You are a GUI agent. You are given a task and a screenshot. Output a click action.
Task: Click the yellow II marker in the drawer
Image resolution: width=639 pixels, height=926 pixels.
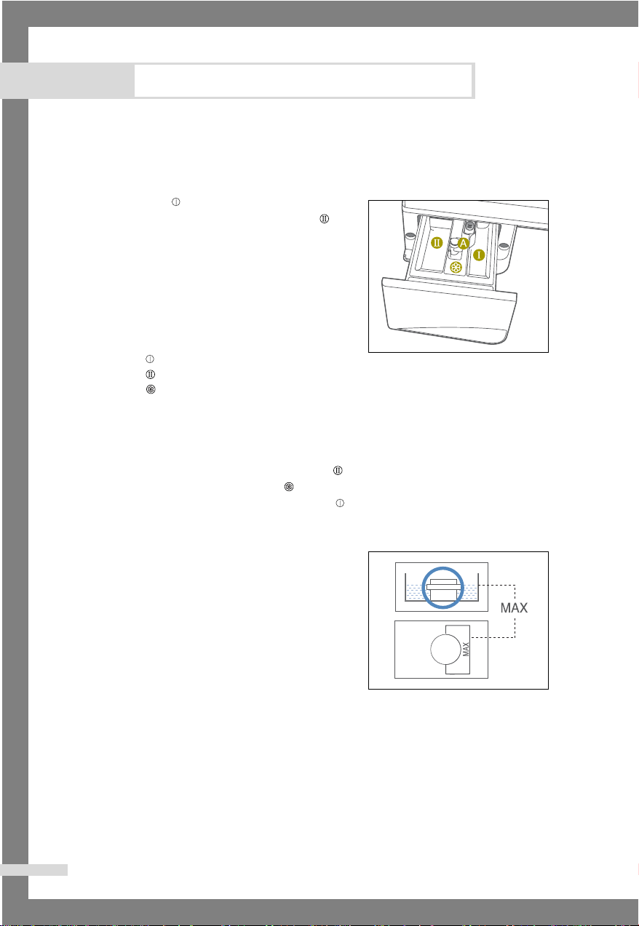click(x=437, y=243)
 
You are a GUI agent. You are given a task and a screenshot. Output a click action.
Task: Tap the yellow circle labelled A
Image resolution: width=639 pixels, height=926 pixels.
click(x=463, y=244)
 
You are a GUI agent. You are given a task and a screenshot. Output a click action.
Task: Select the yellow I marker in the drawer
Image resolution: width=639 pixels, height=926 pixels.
click(x=479, y=255)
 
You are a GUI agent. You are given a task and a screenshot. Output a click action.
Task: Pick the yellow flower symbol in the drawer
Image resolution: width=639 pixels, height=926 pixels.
click(x=456, y=268)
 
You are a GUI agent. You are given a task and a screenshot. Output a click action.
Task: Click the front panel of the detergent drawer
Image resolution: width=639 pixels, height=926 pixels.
click(x=449, y=310)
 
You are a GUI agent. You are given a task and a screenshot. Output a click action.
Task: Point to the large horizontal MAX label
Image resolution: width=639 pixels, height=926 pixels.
click(x=514, y=607)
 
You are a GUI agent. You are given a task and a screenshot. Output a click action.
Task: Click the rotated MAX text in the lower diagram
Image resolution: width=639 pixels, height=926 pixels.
click(x=466, y=649)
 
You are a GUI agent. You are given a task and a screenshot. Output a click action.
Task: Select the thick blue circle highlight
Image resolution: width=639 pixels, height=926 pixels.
click(x=442, y=567)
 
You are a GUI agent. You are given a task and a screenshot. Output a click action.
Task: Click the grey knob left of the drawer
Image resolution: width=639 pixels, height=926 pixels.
click(x=410, y=236)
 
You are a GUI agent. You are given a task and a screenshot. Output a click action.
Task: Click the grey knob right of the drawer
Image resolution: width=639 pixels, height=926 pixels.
click(x=504, y=247)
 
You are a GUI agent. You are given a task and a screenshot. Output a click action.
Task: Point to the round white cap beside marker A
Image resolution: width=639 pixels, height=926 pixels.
click(x=454, y=243)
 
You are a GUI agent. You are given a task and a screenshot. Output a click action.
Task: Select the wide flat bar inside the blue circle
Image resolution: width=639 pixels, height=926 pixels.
click(x=442, y=586)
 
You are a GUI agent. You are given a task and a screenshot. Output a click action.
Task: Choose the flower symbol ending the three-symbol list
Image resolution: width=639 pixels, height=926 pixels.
click(x=151, y=389)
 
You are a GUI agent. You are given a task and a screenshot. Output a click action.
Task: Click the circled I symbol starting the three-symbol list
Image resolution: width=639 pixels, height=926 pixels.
click(x=150, y=359)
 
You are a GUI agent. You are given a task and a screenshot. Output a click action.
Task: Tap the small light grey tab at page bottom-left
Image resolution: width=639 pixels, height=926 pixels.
click(x=34, y=870)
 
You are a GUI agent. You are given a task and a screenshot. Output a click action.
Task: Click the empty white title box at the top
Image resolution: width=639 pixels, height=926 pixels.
click(x=303, y=81)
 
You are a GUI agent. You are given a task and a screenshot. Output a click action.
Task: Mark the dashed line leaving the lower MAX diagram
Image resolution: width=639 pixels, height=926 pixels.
click(x=493, y=637)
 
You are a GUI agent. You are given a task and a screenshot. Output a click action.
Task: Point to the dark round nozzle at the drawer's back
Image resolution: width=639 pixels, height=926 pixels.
click(x=469, y=225)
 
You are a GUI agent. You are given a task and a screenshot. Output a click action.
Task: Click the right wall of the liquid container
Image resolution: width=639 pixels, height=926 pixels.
click(x=478, y=587)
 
